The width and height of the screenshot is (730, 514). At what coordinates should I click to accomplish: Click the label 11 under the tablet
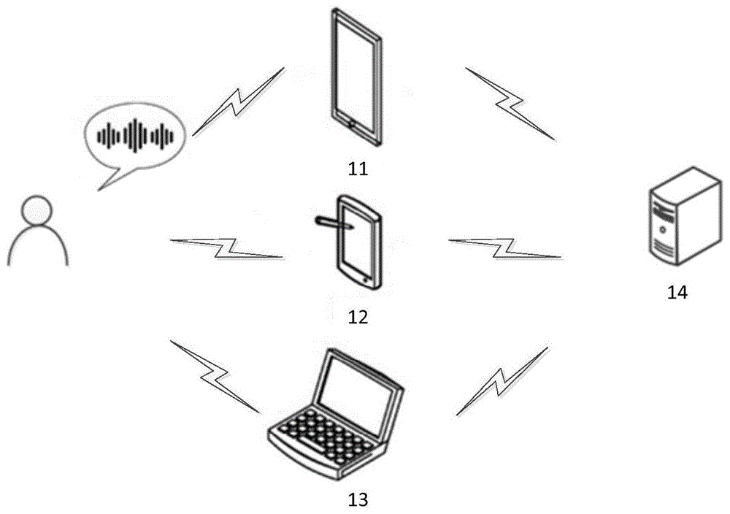coord(358,169)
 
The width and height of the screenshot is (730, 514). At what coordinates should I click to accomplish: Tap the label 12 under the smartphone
coord(358,317)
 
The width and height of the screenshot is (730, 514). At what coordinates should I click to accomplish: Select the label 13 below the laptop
coord(358,499)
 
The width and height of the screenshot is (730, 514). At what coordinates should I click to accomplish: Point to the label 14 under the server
coord(677,292)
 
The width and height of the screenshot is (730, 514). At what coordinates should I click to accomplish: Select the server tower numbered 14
coord(685,216)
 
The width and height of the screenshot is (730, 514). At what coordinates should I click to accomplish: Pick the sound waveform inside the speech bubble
coord(135,136)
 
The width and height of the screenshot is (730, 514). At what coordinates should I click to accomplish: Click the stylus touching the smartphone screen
coord(334,223)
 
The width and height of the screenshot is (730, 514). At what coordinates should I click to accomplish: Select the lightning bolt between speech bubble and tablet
coord(239,101)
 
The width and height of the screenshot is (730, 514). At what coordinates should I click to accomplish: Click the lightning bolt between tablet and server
coord(510,104)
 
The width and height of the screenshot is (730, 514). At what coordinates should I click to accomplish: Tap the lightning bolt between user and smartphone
coord(227,248)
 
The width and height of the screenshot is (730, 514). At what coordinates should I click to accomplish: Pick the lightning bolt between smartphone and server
coord(504,248)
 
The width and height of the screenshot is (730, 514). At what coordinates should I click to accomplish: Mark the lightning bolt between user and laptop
coord(214,376)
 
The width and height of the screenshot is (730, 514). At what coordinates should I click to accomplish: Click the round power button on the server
coord(663,229)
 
